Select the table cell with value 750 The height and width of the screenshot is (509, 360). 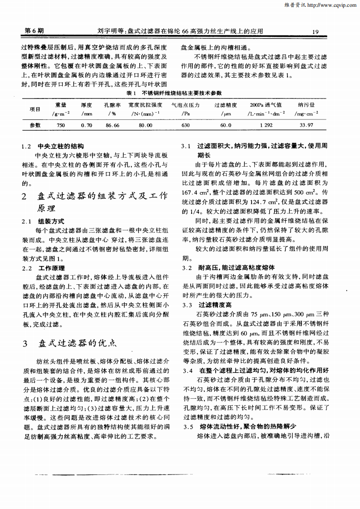[61, 125]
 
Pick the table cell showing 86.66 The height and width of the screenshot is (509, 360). [112, 125]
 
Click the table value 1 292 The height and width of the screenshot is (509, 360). [266, 125]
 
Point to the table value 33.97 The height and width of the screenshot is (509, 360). [307, 125]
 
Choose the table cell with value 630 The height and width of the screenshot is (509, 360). [185, 125]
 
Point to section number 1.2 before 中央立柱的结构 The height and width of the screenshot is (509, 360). [27, 147]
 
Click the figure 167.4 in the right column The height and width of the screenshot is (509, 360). [190, 194]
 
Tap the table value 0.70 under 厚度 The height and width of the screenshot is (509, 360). [86, 125]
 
